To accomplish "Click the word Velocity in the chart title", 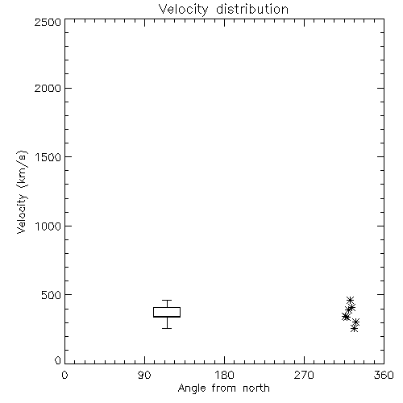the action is [x=183, y=10].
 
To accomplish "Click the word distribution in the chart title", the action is [x=252, y=9].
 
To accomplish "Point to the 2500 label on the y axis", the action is [x=48, y=22].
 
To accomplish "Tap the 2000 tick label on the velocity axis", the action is [x=48, y=88].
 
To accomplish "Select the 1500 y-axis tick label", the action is [x=48, y=157].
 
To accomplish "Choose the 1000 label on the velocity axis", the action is [x=48, y=226].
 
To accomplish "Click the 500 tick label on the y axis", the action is [x=52, y=295].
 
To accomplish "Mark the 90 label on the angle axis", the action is [x=144, y=375].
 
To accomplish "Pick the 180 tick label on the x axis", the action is [x=224, y=375].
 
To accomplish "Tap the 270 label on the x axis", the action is [x=304, y=375].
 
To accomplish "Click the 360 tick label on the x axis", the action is [x=384, y=375].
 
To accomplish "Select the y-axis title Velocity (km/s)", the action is [x=22, y=192].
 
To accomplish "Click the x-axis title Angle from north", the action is [x=224, y=388].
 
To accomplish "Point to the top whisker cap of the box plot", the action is [x=167, y=300].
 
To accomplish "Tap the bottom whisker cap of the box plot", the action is [x=167, y=328].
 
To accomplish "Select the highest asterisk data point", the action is [x=350, y=300].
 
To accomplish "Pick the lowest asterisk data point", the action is [x=354, y=328].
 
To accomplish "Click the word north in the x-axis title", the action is [x=256, y=388].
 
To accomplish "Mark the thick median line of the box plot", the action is [x=167, y=317].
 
